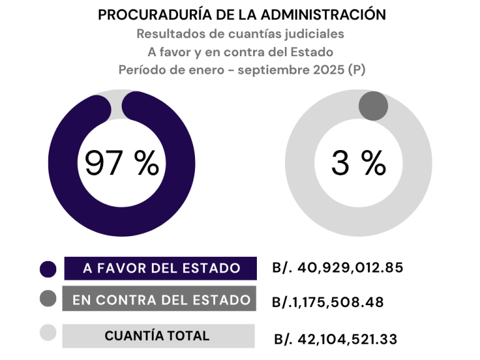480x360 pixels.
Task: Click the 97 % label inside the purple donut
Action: (122, 164)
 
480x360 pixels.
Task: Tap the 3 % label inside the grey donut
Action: (358, 164)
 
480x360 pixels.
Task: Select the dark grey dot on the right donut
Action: (373, 105)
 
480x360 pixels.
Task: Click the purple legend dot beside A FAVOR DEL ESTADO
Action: (48, 269)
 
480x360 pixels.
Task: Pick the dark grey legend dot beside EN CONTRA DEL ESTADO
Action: (48, 299)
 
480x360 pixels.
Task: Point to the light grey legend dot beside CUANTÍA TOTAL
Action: (48, 333)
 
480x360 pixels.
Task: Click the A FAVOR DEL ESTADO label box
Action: (161, 268)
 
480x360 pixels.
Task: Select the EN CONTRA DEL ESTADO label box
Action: (161, 299)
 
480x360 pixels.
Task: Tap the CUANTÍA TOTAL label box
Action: (157, 336)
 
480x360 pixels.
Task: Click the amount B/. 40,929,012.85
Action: (337, 268)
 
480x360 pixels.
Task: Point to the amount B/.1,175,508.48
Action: (327, 302)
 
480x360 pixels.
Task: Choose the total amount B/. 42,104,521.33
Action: (336, 339)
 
